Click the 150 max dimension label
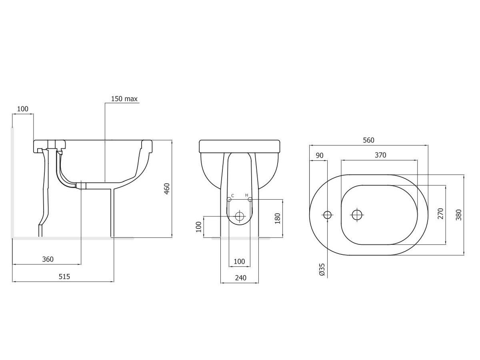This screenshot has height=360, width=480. pos(124,99)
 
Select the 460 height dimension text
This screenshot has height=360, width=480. pos(167,189)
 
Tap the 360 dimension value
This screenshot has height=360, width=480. pos(47,259)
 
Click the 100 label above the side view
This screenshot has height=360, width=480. pos(23,109)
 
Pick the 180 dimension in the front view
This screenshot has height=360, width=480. pos(278,218)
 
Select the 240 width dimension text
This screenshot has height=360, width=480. pos(240,278)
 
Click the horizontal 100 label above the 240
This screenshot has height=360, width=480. pos(239,262)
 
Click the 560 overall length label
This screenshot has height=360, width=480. pos(368,140)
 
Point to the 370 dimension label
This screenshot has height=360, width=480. pos(380,155)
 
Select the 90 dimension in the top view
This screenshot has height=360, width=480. pos(320,155)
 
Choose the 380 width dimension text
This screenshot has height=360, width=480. pos(458,214)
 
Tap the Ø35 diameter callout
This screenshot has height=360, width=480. pos(322,270)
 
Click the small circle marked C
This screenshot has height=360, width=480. pos(229,199)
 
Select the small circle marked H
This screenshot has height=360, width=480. pos(250,199)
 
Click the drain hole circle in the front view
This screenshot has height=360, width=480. pos(240,216)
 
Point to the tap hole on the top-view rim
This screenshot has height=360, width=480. pos(328,215)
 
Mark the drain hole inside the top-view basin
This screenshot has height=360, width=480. pos(356,215)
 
